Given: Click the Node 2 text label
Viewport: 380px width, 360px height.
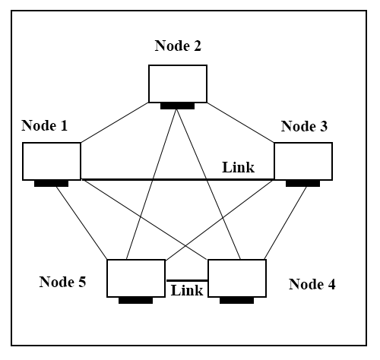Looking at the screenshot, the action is click(178, 46).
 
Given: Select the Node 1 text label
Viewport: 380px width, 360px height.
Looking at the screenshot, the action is click(45, 125).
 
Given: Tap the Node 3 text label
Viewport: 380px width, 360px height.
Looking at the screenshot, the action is click(304, 126).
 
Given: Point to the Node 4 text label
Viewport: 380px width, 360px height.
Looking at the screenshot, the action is click(312, 284).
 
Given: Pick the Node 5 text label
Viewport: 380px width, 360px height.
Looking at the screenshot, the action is click(62, 282).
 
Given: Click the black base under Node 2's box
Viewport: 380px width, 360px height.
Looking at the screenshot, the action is click(177, 106).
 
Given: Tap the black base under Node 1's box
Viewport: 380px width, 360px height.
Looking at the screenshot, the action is click(51, 184).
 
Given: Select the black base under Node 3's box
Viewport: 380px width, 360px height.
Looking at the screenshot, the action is click(302, 184).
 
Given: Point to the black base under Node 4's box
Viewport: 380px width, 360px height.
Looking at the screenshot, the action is click(236, 301).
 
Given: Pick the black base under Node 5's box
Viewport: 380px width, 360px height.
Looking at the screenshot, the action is click(135, 301).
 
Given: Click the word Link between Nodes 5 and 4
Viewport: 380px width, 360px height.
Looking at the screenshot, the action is click(187, 290).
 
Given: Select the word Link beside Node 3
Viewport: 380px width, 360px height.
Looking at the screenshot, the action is click(239, 167).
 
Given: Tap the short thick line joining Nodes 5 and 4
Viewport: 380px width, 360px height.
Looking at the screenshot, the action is click(187, 280).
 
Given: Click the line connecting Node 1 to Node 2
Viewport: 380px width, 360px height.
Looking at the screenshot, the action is click(115, 122).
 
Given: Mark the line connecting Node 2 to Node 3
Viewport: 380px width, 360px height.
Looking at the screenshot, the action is click(241, 122).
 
